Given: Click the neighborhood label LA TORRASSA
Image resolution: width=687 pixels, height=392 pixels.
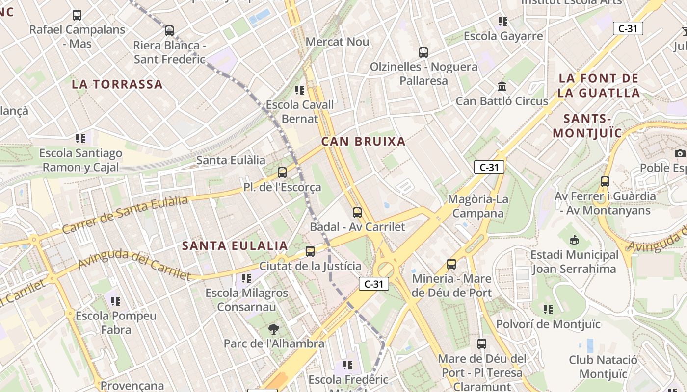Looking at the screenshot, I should coord(117,84).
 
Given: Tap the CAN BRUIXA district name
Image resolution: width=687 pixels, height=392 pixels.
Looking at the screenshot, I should coord(363,142).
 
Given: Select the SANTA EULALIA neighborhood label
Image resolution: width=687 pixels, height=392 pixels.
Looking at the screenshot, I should coord(235,246).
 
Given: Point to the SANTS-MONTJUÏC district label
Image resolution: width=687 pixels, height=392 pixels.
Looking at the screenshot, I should coord(587,125).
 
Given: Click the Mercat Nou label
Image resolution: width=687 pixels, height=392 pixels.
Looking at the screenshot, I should coord(337,42).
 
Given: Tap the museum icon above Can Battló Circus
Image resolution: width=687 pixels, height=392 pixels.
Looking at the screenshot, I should coord(502,87).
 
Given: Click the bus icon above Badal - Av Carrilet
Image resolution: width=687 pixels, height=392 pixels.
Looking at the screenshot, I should coord(357,213).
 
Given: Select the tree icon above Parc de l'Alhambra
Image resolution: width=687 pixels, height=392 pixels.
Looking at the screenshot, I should coord(274,329).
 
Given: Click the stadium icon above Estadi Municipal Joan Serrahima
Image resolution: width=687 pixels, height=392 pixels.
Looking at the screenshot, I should coord(574,240).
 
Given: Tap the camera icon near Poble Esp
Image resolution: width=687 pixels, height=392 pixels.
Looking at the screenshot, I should coord(680,153).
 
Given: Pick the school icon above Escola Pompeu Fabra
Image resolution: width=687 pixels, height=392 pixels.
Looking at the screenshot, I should coord(116,301).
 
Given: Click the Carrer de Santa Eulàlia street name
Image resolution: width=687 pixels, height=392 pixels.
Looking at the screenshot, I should coord(125,215).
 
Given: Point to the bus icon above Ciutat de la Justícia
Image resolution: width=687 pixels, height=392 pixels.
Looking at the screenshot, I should coord(310,251).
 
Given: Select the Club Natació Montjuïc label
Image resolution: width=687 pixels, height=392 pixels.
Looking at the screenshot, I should coord(603,367).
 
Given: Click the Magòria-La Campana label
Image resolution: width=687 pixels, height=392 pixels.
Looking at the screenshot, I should coord(478,206).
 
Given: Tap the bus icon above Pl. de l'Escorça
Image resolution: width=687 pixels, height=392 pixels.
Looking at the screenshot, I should coord(282,172).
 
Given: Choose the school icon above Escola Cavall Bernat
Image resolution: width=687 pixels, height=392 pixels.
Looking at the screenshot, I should coord(299,90).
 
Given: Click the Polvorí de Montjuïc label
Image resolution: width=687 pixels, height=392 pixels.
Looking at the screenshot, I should coord(548,324).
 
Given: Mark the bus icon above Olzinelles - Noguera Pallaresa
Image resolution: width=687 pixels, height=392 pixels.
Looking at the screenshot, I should coord(423,52).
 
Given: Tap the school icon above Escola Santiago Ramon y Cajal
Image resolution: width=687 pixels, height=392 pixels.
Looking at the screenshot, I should coord(80,139).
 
